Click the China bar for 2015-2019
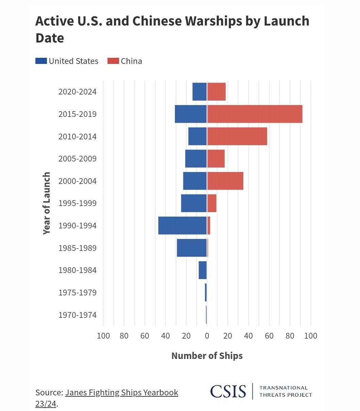[255, 114]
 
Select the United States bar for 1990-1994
[182, 225]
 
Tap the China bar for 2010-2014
[237, 136]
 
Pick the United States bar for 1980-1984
[203, 270]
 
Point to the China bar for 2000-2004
[225, 181]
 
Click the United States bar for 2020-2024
[200, 92]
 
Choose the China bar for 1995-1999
[212, 203]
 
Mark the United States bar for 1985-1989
[192, 248]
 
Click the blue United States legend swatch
[41, 61]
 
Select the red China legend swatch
[113, 61]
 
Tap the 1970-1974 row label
[78, 315]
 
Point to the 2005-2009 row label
[78, 159]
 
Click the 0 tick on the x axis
[207, 336]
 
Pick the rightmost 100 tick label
[311, 336]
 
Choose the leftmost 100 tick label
[103, 336]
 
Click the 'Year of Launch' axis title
[47, 203]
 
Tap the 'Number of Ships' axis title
[207, 356]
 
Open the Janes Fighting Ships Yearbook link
[121, 393]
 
